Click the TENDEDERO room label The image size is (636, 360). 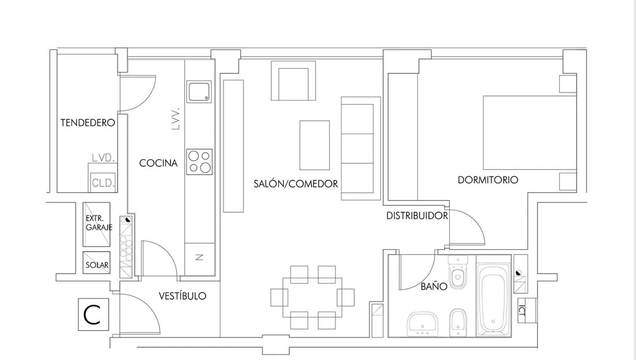point(88,123)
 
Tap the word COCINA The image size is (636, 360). point(159,163)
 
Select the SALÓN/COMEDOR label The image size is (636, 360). point(296,184)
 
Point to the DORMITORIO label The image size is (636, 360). point(488,180)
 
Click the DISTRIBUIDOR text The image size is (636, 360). point(417,216)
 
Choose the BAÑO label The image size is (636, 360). point(434,286)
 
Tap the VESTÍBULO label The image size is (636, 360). point(183,296)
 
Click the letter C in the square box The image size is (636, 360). point(92,315)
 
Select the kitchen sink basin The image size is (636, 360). point(199,92)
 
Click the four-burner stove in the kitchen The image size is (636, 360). point(199,162)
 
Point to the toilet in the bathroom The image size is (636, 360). point(457,272)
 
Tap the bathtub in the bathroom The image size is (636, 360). point(494,299)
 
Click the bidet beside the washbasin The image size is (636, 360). point(458,323)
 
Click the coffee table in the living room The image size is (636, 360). point(315,145)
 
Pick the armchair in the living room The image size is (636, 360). point(293,81)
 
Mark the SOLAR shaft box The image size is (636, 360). point(97,262)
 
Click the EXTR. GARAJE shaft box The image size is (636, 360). point(97,224)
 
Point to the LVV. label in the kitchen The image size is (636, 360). point(176,119)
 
